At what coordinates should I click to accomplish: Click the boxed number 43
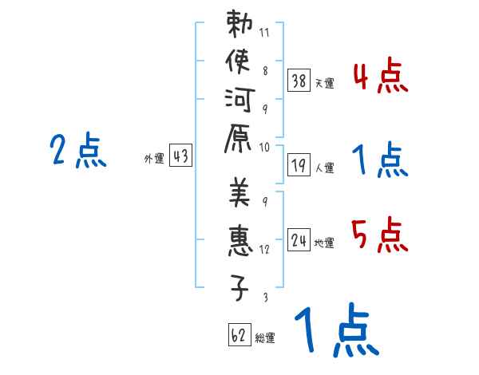tap(180, 156)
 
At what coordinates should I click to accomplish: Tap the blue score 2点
tap(78, 150)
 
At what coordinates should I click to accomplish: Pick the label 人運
tap(325, 169)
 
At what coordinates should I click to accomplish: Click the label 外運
tap(154, 159)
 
